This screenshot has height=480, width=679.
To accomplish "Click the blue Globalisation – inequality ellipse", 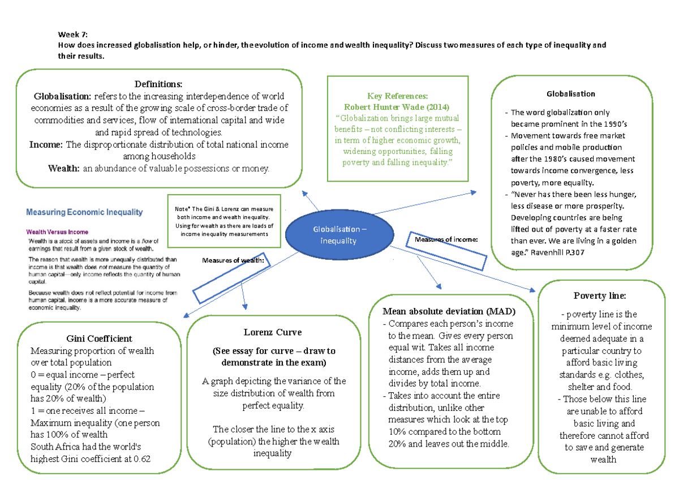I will tap(338, 235).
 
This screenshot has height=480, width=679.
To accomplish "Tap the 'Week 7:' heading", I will tap(73, 34).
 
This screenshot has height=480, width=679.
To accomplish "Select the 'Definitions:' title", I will tap(158, 84).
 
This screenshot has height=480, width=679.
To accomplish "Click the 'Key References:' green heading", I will tap(398, 96).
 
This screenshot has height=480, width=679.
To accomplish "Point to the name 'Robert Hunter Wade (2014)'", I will tap(397, 107).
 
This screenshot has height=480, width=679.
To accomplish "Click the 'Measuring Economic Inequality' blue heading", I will tap(84, 213).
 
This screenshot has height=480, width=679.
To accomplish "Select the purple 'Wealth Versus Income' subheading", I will tap(57, 232).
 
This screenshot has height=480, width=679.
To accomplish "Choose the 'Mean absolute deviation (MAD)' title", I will tap(449, 311).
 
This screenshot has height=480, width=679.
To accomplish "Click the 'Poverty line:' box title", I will tap(600, 295).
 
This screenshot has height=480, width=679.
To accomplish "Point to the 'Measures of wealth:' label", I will tap(234, 260).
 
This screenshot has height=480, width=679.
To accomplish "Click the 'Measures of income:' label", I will tap(446, 239).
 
